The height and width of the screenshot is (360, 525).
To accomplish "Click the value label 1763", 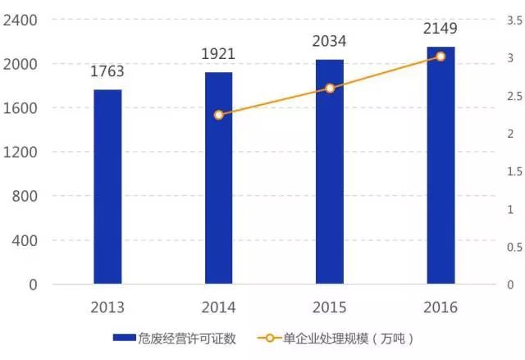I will [107, 72].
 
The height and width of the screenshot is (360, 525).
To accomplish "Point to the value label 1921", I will [218, 54].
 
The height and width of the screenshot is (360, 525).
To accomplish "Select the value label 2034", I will [330, 41].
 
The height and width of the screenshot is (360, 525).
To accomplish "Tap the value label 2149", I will [441, 29].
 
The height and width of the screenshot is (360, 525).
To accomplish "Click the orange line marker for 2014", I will [218, 115].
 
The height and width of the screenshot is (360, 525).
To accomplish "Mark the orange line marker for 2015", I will [330, 88].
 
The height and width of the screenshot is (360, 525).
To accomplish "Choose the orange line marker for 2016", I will [441, 57].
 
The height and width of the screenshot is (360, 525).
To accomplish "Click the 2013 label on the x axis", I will [107, 308].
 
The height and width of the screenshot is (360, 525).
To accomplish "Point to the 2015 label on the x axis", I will [330, 308].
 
